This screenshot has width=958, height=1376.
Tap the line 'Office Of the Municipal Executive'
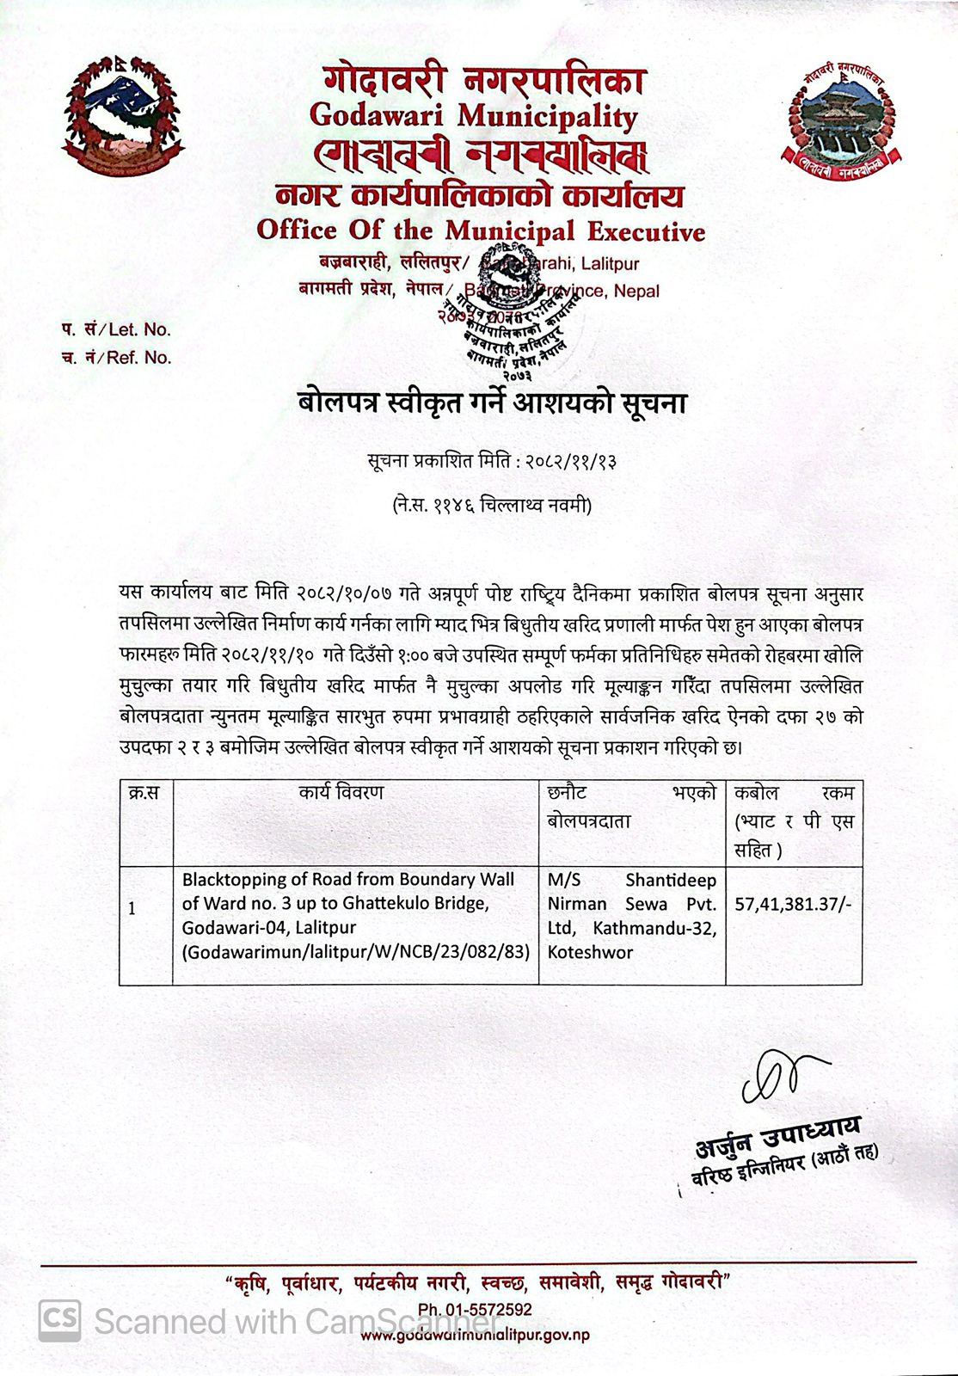480,231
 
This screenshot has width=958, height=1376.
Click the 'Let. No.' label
138,329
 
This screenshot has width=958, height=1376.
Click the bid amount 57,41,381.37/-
792,904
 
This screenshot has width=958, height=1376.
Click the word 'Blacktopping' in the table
227,880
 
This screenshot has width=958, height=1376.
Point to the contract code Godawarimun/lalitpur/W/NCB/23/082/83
354,952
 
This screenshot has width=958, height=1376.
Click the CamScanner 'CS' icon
58,1316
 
